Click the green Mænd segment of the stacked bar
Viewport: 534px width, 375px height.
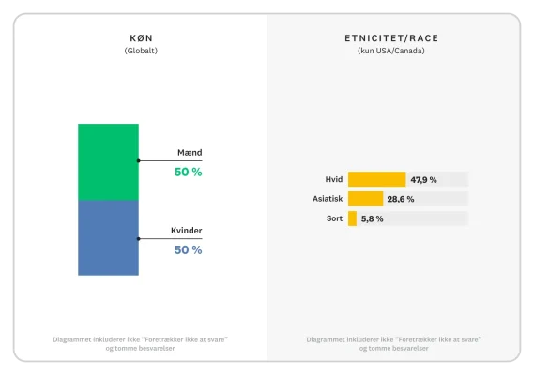click(x=108, y=161)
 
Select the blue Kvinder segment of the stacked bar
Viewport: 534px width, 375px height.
click(x=108, y=237)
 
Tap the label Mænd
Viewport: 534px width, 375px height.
click(x=190, y=153)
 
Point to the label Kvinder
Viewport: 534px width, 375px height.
click(x=186, y=231)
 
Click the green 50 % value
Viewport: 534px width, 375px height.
click(x=188, y=172)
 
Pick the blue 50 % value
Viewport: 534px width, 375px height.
click(x=188, y=250)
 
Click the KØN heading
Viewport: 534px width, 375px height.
click(x=141, y=37)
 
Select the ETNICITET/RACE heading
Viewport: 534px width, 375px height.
click(x=390, y=37)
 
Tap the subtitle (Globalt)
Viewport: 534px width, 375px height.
click(x=141, y=51)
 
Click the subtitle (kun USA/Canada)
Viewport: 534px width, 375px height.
click(x=390, y=51)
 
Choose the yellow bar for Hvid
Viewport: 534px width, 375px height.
click(x=376, y=179)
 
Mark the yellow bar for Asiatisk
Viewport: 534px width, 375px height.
click(x=365, y=199)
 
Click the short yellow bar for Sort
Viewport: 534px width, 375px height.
click(x=352, y=218)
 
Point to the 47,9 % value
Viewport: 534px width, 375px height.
click(x=424, y=179)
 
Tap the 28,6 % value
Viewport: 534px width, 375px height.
click(x=401, y=199)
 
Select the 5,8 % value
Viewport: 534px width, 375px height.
click(x=372, y=218)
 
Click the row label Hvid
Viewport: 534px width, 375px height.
click(x=332, y=179)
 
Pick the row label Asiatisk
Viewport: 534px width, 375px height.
click(x=328, y=199)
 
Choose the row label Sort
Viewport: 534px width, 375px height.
click(x=333, y=218)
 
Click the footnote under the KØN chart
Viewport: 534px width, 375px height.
click(x=141, y=343)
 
